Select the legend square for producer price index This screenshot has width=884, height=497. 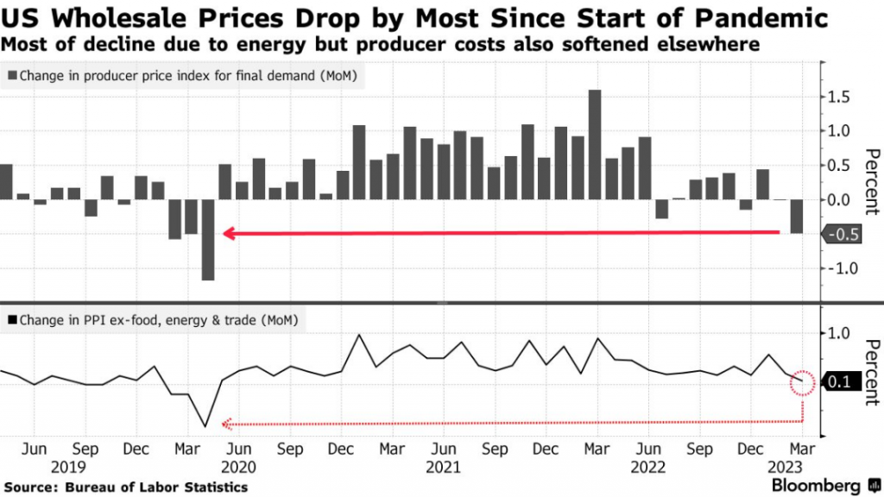[x=11, y=77]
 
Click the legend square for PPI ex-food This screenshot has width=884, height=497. [x=11, y=321]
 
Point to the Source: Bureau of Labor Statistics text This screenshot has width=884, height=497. [x=125, y=488]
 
